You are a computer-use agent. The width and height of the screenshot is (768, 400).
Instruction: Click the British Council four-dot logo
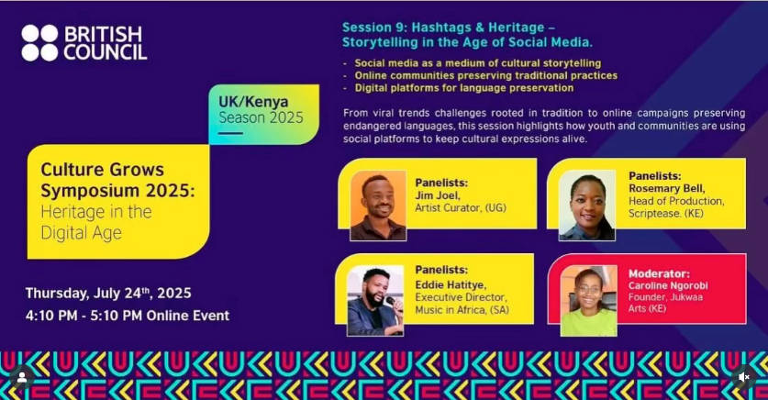tap(39, 43)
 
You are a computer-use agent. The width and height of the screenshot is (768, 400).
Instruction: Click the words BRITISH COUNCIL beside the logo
tap(105, 43)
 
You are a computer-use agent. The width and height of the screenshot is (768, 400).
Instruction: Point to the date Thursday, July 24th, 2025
tap(108, 294)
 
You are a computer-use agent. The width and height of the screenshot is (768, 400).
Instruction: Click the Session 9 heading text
tap(467, 35)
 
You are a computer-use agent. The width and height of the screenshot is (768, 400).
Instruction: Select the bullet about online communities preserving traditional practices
tap(485, 75)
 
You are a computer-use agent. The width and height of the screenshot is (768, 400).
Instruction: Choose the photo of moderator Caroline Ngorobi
tap(588, 302)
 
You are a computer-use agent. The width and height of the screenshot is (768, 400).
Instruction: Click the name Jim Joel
tap(437, 195)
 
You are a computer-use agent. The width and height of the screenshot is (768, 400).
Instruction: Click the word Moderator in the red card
tap(659, 273)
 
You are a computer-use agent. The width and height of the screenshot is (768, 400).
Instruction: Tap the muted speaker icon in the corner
tap(744, 376)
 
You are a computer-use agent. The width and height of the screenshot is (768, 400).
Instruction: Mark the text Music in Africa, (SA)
tap(461, 310)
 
